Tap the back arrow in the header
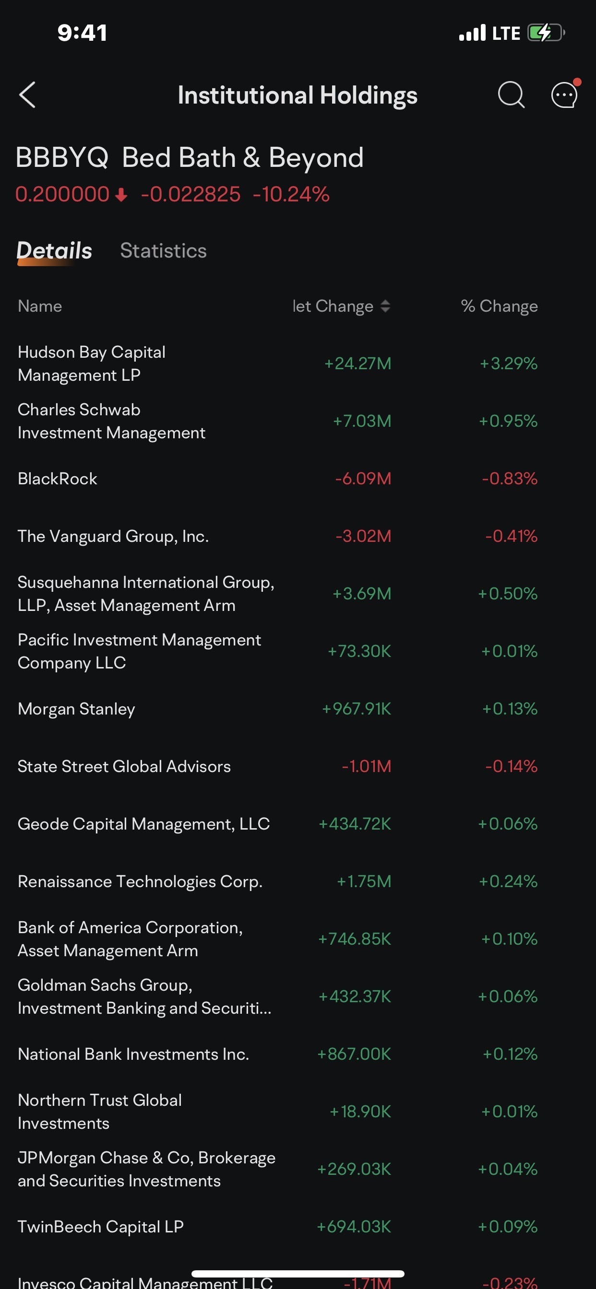coord(27,95)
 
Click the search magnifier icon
coord(511,94)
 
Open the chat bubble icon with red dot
coord(564,94)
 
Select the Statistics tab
coord(163,251)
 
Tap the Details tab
coord(54,251)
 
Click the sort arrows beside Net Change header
coord(385,306)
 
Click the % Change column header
coord(499,306)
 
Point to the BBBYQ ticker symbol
coord(62,158)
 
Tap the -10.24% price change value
coord(291,194)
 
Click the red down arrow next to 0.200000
coord(121,195)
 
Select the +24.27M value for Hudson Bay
coord(358,364)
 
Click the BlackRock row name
coord(58,479)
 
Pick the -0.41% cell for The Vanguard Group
coord(511,537)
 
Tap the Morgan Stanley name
coord(77,709)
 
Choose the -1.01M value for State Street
coord(366,767)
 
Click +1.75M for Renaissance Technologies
coord(364,882)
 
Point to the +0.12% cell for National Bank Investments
coord(510,1055)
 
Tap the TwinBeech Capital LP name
coord(101,1227)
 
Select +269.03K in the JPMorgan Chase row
coord(354,1170)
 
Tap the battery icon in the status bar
coord(546,33)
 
